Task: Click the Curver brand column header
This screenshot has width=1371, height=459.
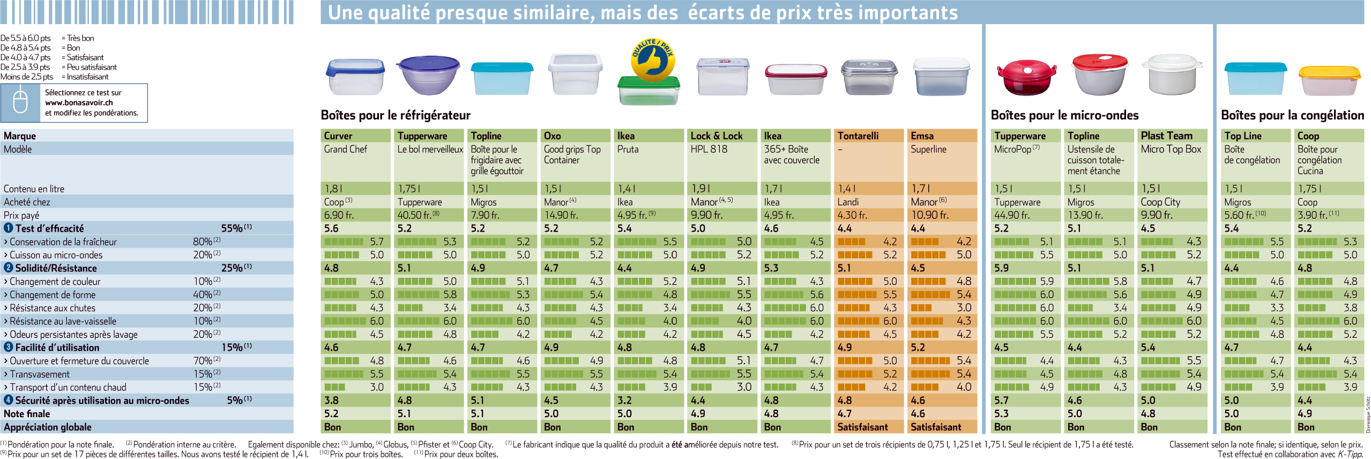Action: [x=338, y=136]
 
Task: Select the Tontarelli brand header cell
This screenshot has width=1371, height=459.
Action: [x=858, y=136]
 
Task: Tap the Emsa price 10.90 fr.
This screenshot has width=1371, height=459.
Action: [x=929, y=215]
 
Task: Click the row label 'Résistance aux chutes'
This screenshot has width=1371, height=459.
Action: [x=53, y=308]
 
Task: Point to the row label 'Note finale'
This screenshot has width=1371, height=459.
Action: [x=27, y=413]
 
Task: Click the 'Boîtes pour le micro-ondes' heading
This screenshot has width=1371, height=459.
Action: [x=1064, y=115]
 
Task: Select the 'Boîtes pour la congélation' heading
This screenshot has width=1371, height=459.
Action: [x=1292, y=115]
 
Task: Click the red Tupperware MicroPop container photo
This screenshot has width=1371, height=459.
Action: [x=1026, y=78]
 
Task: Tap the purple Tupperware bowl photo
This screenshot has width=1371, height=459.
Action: [x=429, y=75]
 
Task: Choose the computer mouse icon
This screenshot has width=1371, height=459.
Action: [x=20, y=102]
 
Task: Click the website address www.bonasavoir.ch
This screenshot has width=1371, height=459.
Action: [x=79, y=102]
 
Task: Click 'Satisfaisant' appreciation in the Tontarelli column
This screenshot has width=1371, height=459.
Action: [x=862, y=427]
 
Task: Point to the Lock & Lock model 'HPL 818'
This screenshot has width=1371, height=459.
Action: [x=709, y=149]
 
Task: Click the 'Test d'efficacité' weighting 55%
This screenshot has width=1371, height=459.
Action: [x=232, y=228]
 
